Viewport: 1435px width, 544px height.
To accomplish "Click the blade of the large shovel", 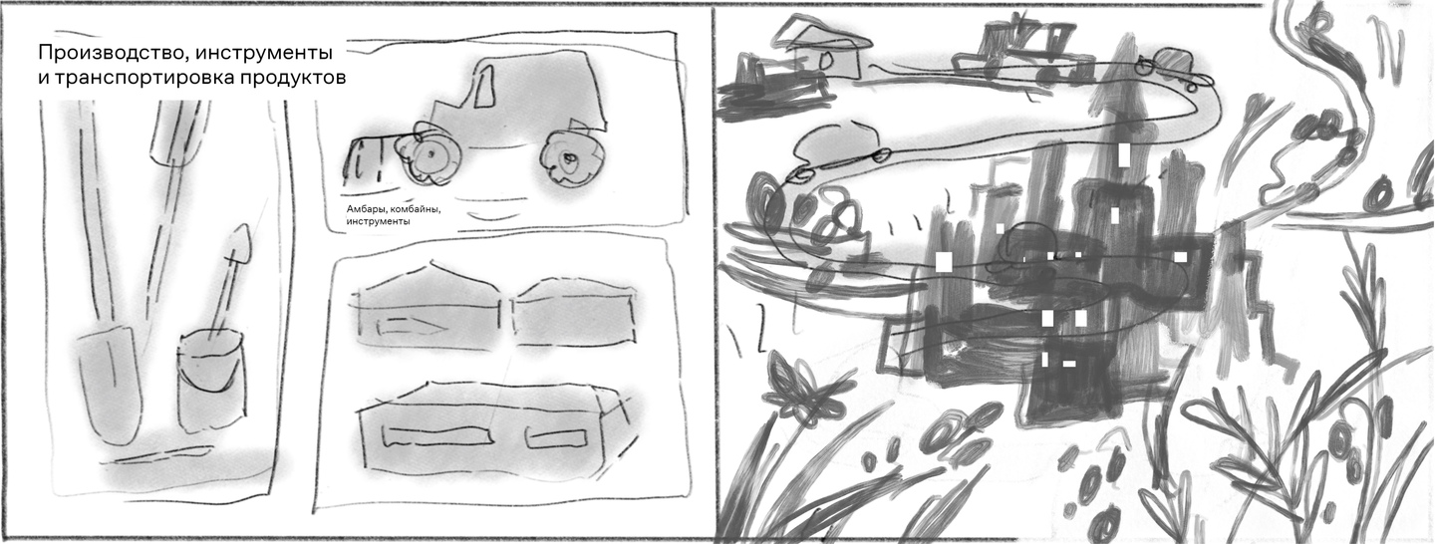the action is coord(110,384).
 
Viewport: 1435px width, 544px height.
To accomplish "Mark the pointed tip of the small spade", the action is coord(242,225).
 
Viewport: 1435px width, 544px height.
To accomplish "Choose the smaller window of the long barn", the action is coord(556,437).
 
